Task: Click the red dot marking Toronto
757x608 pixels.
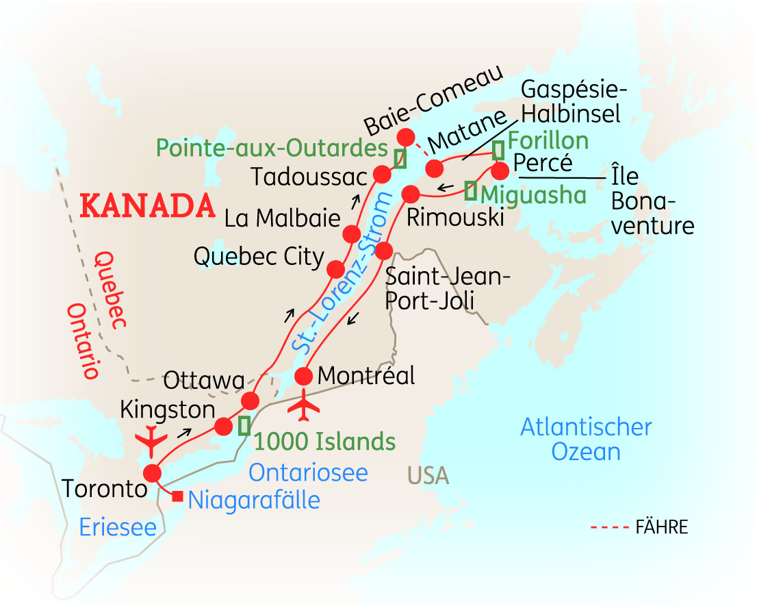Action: [x=151, y=473]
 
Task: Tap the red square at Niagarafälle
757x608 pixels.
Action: [x=177, y=496]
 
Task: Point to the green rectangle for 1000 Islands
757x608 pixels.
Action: [x=244, y=425]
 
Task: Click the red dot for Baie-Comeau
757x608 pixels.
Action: [x=406, y=136]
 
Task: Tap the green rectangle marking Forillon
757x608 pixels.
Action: [x=499, y=149]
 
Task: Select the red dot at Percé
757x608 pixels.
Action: [x=500, y=170]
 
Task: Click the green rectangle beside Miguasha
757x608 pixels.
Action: [x=470, y=190]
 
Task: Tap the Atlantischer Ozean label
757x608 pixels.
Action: [x=586, y=440]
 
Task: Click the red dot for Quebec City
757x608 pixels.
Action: [x=336, y=268]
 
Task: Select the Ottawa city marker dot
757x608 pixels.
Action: [x=251, y=401]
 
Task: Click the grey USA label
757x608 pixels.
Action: [x=428, y=474]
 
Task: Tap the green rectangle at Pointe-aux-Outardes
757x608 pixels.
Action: [x=400, y=158]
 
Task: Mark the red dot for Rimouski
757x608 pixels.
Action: [x=410, y=194]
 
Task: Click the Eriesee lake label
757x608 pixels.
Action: [x=118, y=527]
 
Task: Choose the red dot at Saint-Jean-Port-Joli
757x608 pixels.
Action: [x=384, y=249]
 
